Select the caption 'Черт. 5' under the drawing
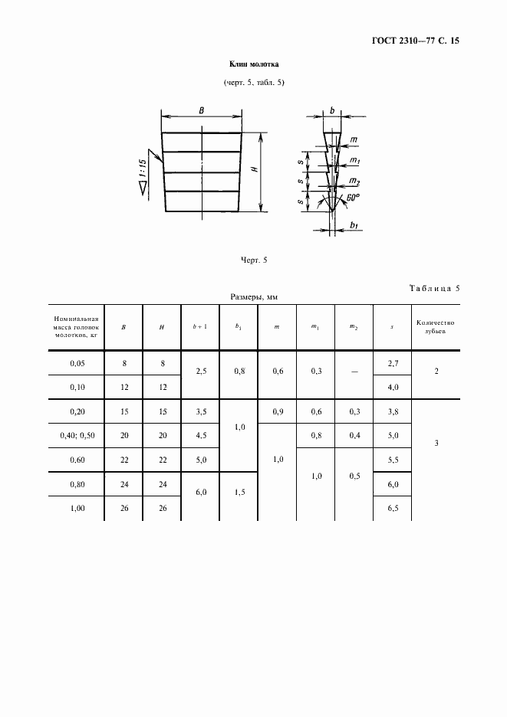pos(252,260)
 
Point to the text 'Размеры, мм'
pos(254,296)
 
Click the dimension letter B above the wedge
pos(201,111)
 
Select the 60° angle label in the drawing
pos(353,198)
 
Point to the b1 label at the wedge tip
pos(354,224)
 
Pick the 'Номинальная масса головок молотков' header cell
pos(75,326)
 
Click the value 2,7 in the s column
pos(393,362)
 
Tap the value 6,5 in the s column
pos(393,508)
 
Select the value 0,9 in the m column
pos(277,412)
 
